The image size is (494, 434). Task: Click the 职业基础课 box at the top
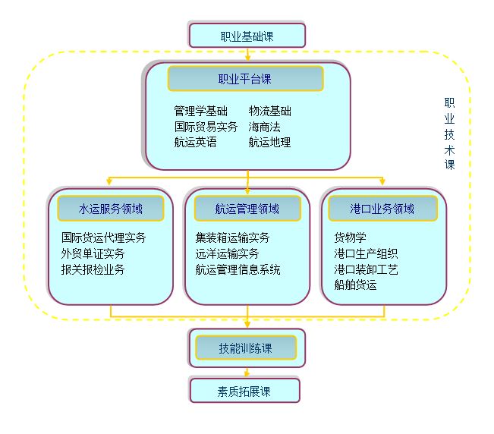click(247, 35)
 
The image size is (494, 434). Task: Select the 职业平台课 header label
click(245, 78)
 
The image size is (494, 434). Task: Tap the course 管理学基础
click(200, 111)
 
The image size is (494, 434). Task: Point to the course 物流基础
click(269, 111)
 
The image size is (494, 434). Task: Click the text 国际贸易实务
click(206, 127)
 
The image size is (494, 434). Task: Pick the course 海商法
click(264, 127)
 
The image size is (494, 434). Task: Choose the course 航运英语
click(195, 142)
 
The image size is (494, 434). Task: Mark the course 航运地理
click(269, 142)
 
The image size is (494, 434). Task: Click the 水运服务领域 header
click(111, 208)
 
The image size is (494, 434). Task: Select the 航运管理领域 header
click(247, 208)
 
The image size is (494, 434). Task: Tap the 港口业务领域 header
click(382, 208)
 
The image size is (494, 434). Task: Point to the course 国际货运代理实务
click(104, 237)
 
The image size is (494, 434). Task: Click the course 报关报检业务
click(93, 269)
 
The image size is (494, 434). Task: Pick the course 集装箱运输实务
click(232, 237)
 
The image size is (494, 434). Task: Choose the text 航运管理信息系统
click(238, 269)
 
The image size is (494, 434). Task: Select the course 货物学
click(350, 237)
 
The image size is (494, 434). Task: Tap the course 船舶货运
click(355, 285)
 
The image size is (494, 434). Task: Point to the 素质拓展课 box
click(245, 391)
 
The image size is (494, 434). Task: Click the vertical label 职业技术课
click(449, 134)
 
